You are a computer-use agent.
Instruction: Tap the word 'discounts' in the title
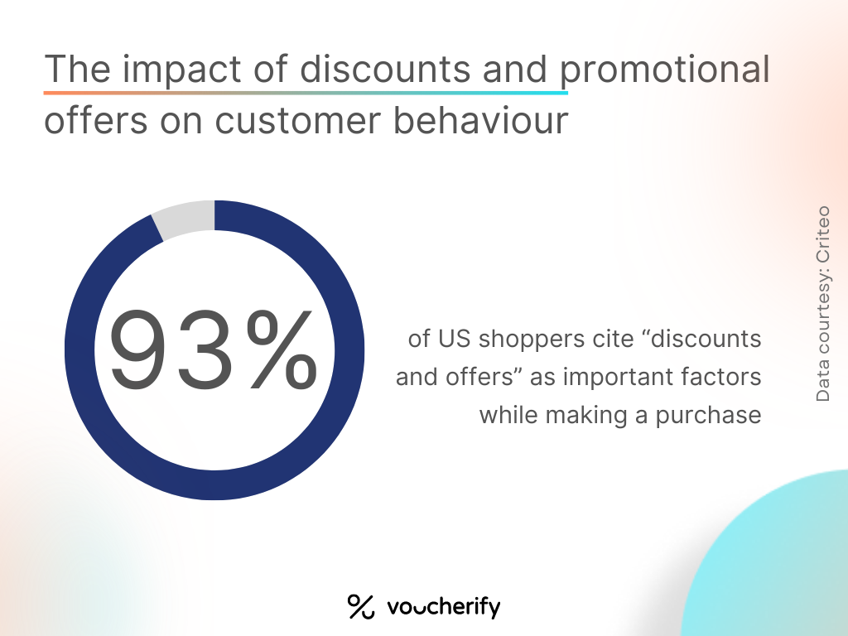385,69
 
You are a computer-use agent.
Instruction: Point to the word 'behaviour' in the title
480,119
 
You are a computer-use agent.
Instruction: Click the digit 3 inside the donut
204,349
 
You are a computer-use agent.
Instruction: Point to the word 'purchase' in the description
709,416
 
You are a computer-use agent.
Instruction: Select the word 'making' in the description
587,416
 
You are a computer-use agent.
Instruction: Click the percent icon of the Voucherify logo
361,606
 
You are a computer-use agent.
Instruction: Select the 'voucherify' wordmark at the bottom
444,607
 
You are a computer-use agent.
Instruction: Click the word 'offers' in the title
96,119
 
